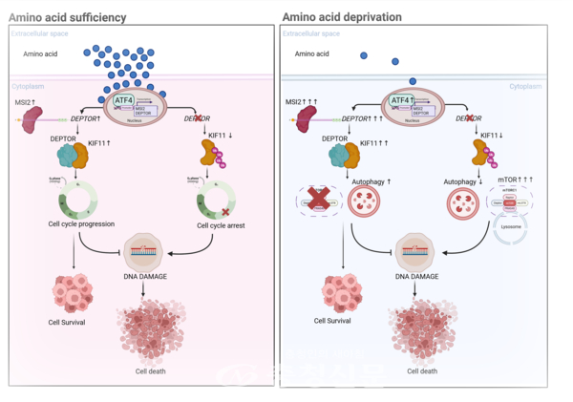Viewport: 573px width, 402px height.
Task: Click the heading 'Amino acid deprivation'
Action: pyautogui.click(x=342, y=16)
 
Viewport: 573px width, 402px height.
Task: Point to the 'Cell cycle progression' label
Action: pyautogui.click(x=83, y=224)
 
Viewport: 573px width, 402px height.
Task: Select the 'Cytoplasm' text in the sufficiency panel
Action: pyautogui.click(x=27, y=86)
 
